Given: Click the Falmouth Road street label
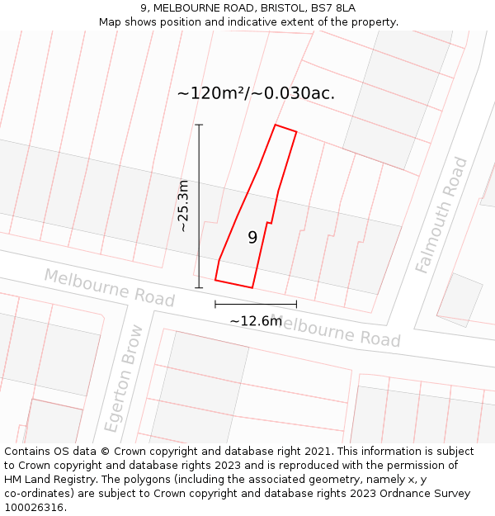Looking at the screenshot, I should tap(442, 215).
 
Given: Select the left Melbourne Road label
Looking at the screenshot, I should tap(109, 286).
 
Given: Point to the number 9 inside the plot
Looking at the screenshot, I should tap(252, 238).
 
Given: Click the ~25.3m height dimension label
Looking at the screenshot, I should tap(183, 206).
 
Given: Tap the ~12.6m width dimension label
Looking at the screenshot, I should tap(256, 321).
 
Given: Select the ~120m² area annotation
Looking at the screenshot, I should tap(256, 93).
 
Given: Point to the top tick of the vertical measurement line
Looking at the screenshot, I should tap(199, 125).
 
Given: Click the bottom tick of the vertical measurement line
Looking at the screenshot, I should tap(199, 288).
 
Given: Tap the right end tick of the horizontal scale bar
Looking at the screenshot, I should tap(296, 305).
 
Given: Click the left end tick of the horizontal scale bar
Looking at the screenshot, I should tap(215, 305).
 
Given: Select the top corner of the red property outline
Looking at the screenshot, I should tap(276, 125).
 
